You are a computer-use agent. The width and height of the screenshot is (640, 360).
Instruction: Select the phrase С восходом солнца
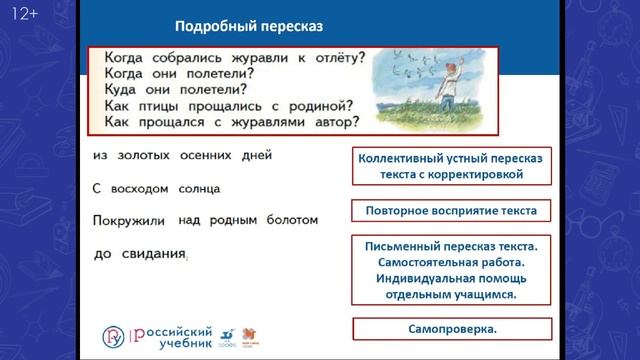coord(155,187)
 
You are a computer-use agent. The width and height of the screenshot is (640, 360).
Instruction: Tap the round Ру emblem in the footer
coord(114,334)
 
